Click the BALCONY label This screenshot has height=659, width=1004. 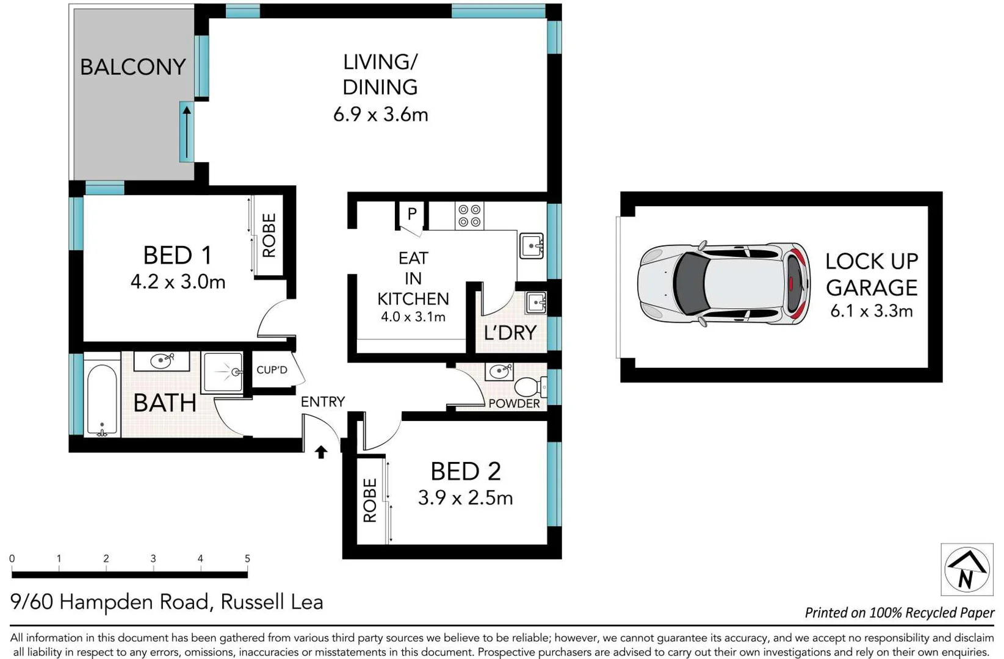click(132, 67)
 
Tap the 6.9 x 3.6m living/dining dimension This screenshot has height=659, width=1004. click(380, 115)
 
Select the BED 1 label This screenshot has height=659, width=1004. click(177, 256)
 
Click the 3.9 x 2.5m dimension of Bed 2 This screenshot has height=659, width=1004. click(465, 498)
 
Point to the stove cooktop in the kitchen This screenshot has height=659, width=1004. click(469, 216)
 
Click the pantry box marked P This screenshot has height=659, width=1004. click(412, 214)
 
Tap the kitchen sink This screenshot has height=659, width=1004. click(532, 246)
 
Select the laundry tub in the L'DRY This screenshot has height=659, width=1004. click(536, 303)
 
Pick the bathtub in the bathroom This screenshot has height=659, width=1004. click(101, 400)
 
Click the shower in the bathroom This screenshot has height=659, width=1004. click(222, 372)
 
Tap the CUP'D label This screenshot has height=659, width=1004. click(272, 370)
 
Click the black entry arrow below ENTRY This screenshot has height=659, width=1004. click(321, 452)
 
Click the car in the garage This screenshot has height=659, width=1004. click(723, 284)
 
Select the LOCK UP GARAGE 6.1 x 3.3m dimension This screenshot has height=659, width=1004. click(871, 311)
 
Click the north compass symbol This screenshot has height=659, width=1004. click(967, 569)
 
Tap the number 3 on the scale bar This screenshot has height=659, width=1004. click(153, 558)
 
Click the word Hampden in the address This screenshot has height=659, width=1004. click(134, 602)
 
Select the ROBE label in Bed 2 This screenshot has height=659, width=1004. click(370, 500)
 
